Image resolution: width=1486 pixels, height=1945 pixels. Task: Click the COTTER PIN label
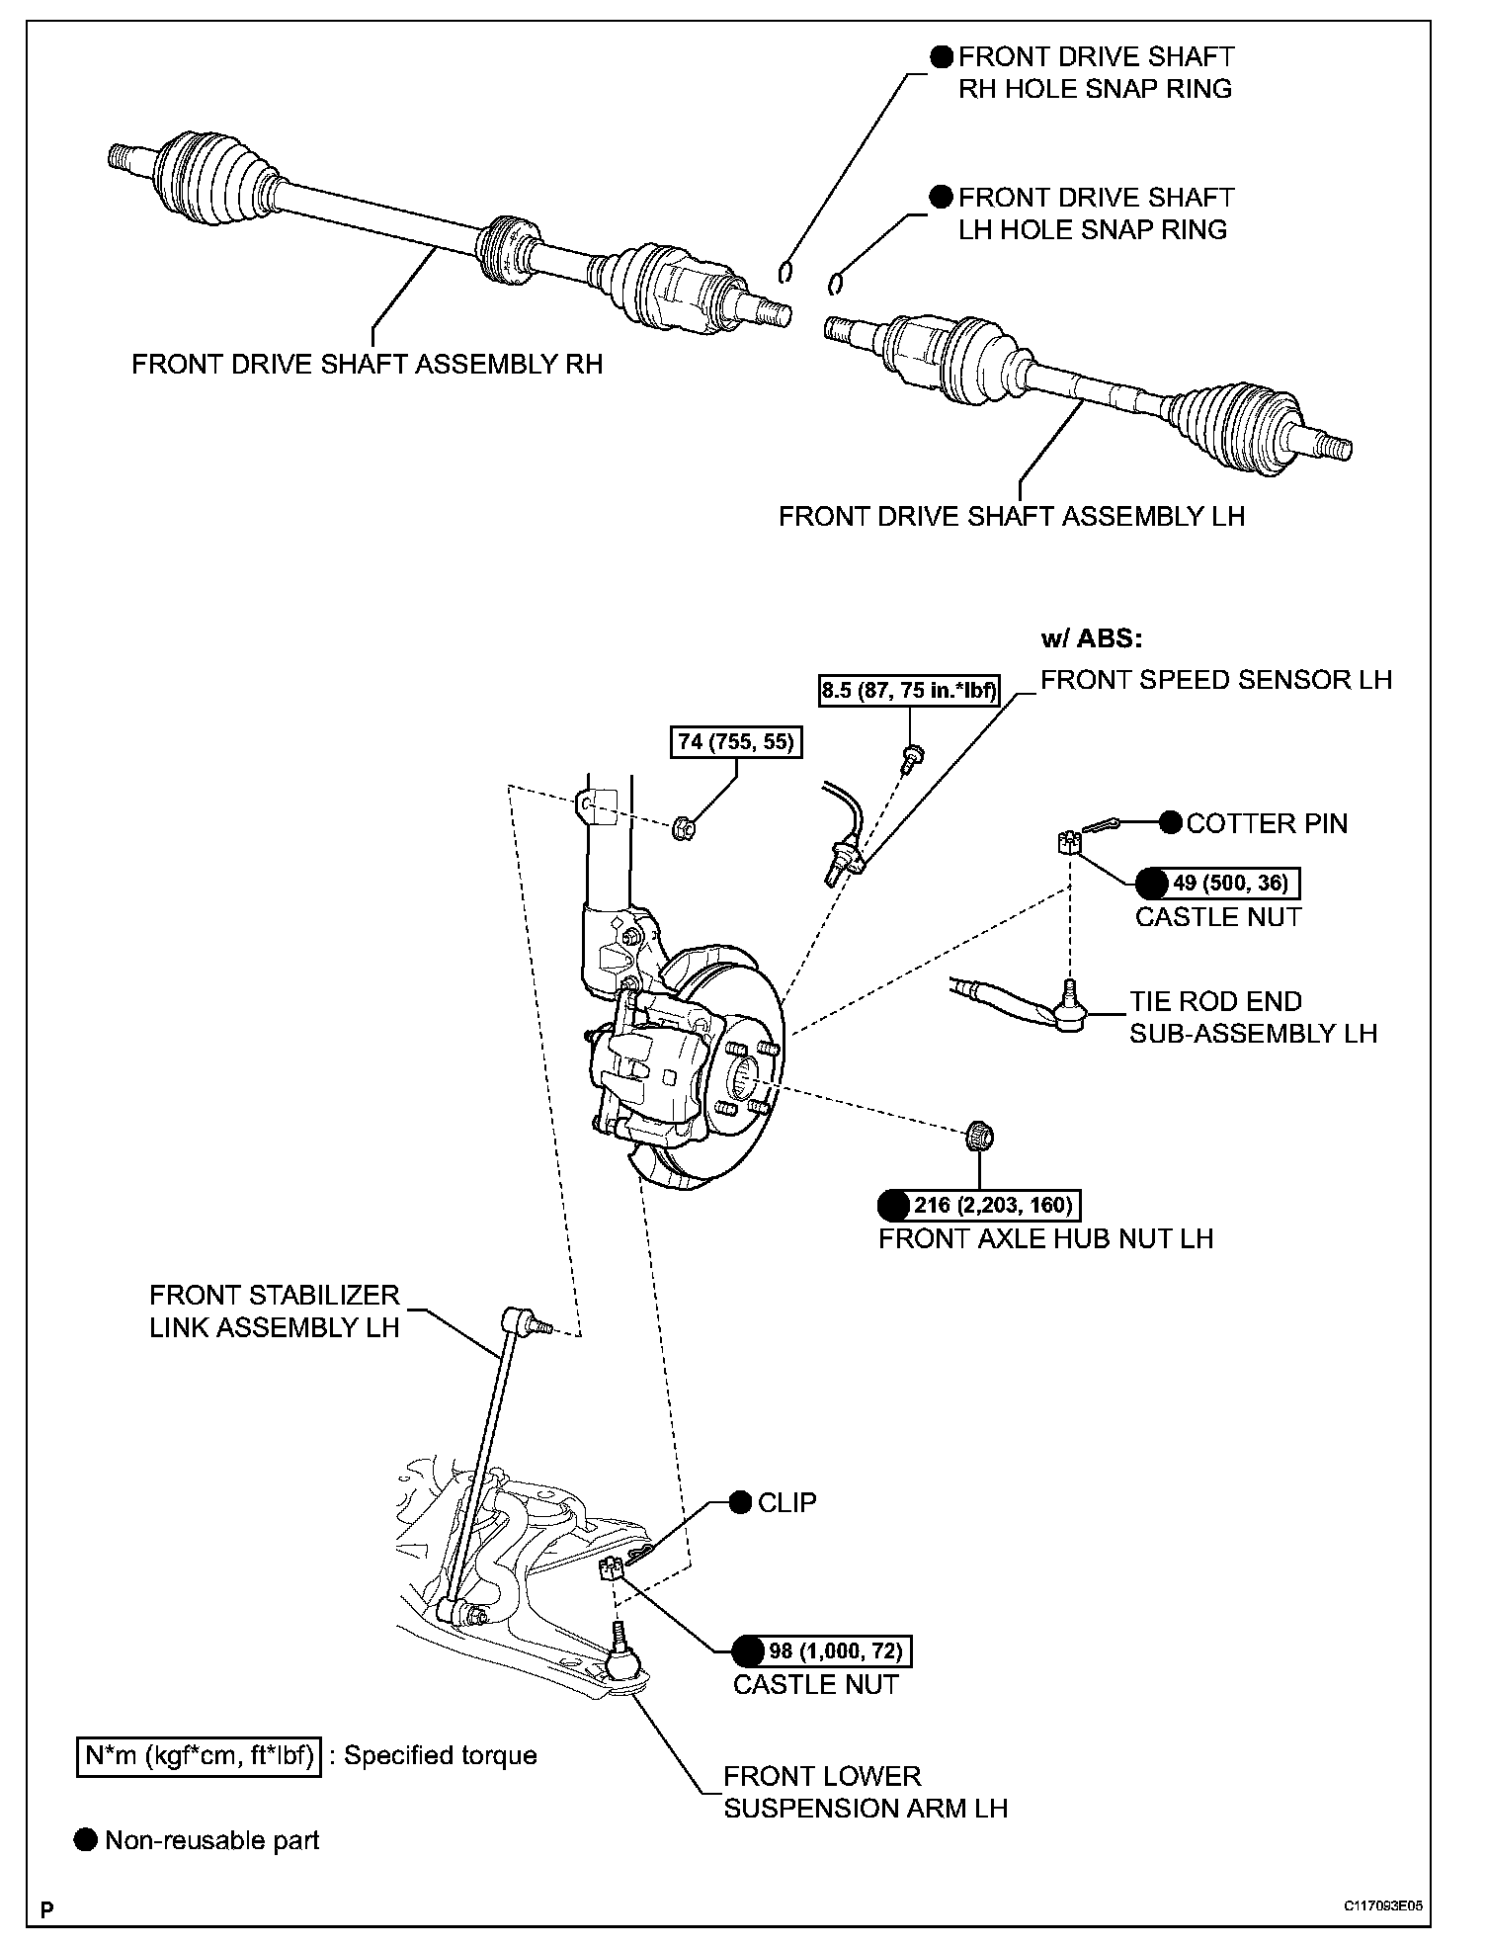(x=1266, y=823)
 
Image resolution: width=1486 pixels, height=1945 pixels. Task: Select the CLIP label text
(x=786, y=1502)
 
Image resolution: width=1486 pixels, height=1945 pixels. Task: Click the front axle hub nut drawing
(x=978, y=1136)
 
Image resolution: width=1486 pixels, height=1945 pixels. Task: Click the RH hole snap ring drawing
(x=785, y=271)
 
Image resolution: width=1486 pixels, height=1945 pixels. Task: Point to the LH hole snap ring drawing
(x=835, y=284)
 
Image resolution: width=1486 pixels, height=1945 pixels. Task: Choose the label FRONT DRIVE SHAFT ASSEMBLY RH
(x=367, y=365)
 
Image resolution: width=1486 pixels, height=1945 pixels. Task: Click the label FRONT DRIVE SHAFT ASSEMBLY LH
(x=1011, y=516)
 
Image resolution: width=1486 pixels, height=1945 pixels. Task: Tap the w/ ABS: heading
(x=1091, y=638)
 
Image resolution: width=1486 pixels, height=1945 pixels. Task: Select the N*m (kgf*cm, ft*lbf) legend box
(x=199, y=1756)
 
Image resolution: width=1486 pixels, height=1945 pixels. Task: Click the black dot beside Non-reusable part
(x=87, y=1840)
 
